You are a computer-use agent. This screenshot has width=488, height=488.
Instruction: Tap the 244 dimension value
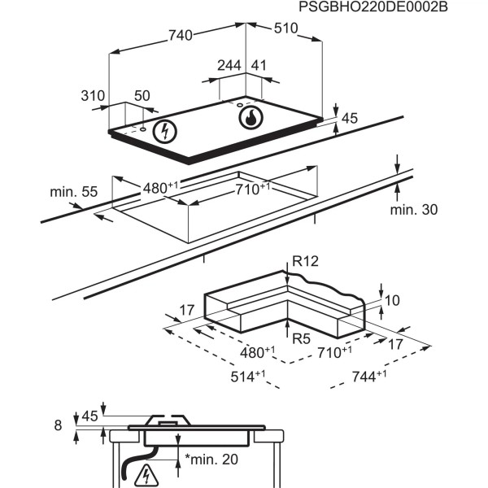(229, 65)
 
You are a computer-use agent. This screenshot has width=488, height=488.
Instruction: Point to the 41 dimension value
(259, 65)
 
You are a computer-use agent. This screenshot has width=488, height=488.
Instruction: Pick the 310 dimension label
(95, 96)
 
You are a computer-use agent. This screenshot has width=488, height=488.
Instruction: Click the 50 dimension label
(142, 96)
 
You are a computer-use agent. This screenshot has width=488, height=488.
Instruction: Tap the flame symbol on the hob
(251, 118)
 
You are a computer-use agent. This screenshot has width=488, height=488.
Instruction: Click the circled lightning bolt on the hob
(165, 130)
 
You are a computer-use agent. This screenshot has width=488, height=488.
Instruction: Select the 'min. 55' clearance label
(73, 192)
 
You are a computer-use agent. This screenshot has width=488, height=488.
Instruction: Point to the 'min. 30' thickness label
(412, 210)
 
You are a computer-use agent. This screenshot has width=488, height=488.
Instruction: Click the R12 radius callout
(307, 262)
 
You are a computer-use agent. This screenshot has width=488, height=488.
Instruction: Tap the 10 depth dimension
(393, 300)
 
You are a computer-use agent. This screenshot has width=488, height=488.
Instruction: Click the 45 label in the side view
(89, 416)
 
